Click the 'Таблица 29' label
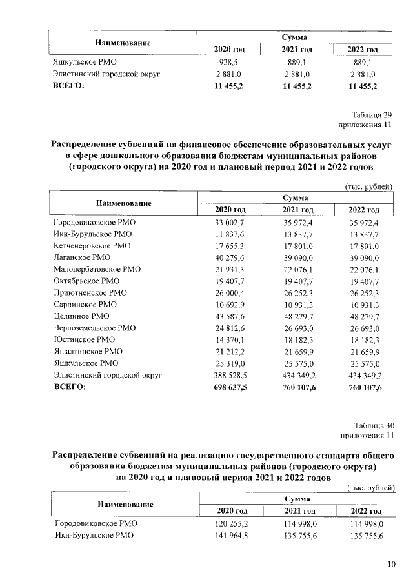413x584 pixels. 370,114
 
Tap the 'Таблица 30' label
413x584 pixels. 370,425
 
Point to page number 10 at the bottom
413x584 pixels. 391,565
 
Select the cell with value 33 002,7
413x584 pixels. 230,222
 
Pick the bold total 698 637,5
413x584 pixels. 230,387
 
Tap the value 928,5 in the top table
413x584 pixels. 230,63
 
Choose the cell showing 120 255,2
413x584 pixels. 230,523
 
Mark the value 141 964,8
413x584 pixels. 230,535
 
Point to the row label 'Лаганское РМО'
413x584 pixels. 82,257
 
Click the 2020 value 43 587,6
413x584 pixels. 230,316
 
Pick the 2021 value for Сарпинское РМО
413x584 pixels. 297,304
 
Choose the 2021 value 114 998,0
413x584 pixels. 297,523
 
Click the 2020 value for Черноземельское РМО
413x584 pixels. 230,328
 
